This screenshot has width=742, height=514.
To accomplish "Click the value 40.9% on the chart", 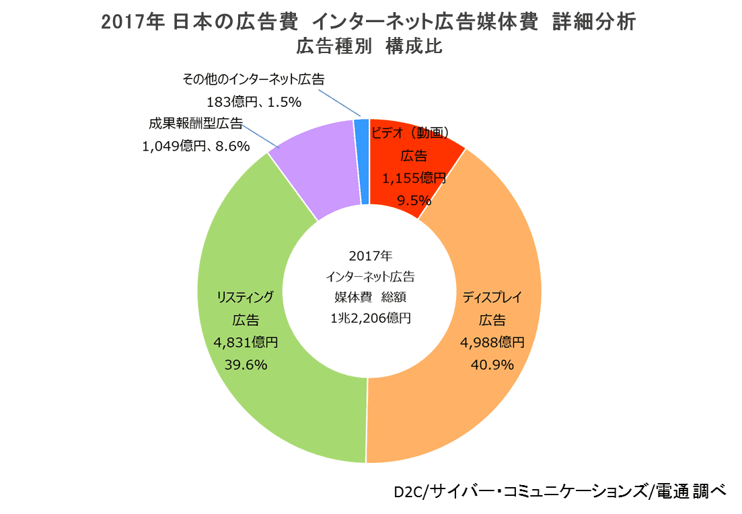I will tap(494, 365).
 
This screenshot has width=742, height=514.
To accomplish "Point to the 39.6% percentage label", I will tap(246, 365).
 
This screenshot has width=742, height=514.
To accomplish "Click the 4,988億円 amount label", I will tap(492, 343).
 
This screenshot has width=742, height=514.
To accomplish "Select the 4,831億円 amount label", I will tap(246, 343).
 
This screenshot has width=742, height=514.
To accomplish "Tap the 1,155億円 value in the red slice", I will tap(414, 178).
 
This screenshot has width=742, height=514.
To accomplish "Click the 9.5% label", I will tap(414, 200).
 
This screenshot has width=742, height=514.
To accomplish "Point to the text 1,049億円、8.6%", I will tap(196, 145).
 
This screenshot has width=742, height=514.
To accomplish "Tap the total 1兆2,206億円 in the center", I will tap(370, 318).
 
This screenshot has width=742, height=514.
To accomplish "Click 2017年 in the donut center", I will tap(370, 256).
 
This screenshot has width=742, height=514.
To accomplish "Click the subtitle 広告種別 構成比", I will tap(370, 47).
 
